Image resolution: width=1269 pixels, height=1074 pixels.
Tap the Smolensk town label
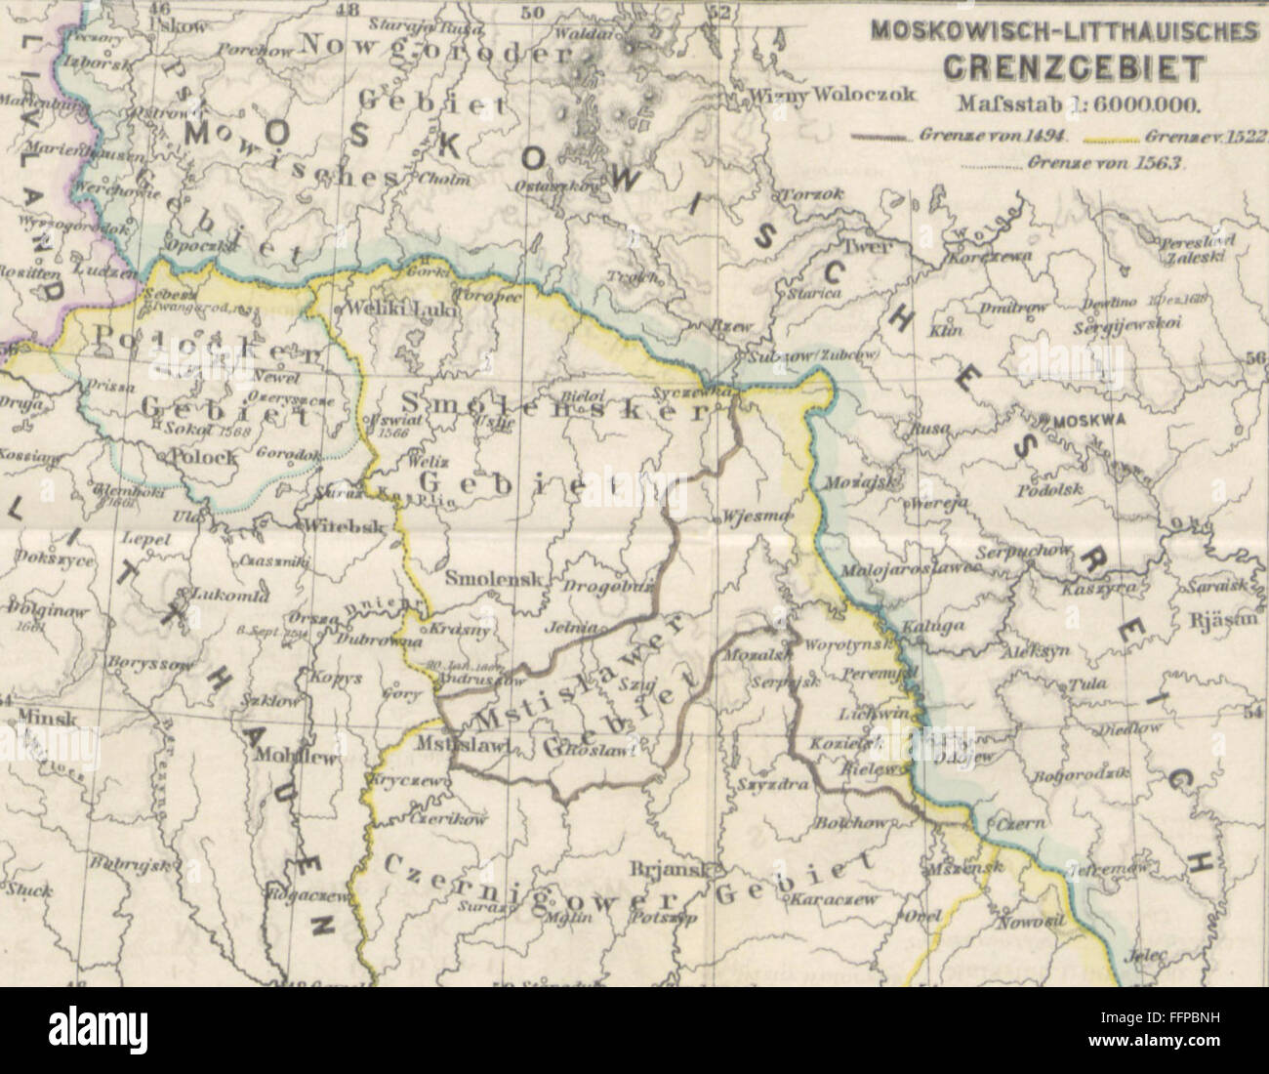tap(493, 578)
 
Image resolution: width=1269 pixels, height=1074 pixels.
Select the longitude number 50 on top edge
tap(530, 14)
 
